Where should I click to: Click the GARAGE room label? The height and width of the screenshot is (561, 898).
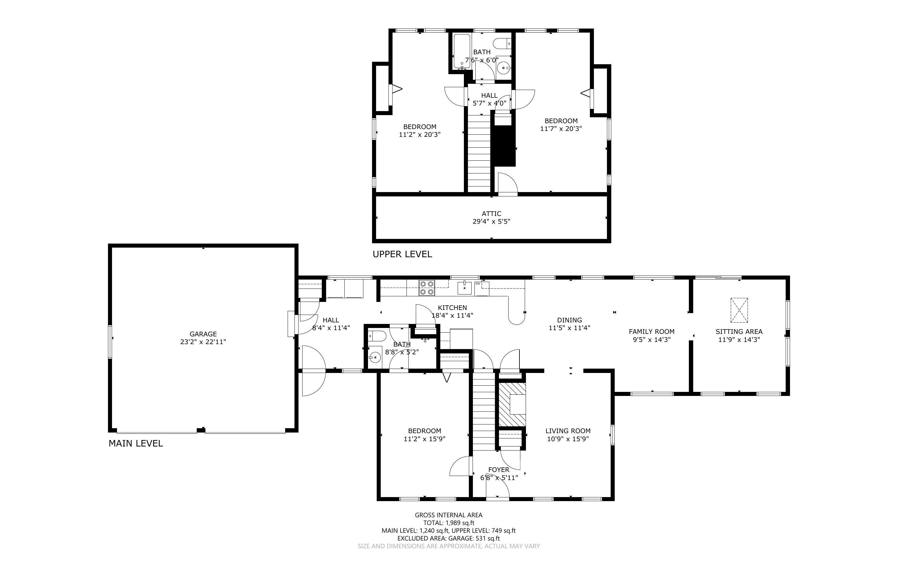[x=203, y=334]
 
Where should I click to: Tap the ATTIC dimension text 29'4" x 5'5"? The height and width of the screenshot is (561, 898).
[x=492, y=222]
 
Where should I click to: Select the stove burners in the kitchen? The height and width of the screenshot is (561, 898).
[x=427, y=288]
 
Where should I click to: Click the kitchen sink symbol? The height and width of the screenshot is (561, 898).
[x=465, y=288]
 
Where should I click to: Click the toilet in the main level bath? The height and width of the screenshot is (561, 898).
[x=376, y=336]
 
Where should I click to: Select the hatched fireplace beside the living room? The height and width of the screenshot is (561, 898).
[x=512, y=404]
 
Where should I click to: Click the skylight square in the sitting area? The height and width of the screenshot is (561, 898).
[x=739, y=310]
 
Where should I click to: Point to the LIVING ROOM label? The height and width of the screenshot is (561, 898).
[x=568, y=431]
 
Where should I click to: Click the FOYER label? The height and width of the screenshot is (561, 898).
[x=499, y=470]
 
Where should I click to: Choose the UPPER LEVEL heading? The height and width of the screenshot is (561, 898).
[x=402, y=254]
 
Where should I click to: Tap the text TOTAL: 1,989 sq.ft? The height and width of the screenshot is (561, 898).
[x=448, y=523]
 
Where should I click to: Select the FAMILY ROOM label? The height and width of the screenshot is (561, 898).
[x=651, y=331]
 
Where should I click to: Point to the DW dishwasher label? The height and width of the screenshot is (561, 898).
[x=478, y=284]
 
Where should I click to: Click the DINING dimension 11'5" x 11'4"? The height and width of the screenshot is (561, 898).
[x=569, y=328]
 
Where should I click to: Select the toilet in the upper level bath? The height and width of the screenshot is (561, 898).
[x=504, y=43]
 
